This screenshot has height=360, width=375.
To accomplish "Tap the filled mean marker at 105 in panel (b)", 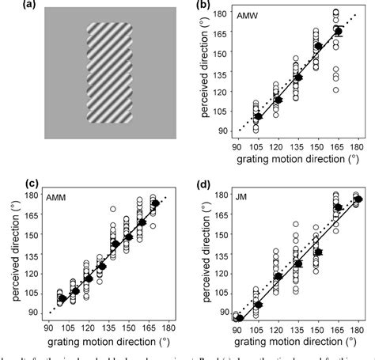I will (257, 116).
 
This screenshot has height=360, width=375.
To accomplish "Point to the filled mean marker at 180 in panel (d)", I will (358, 199).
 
